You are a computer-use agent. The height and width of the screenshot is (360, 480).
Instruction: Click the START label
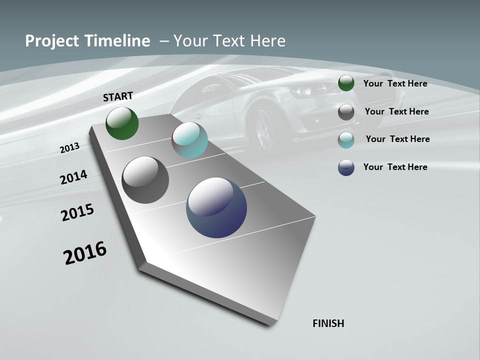tap(118, 96)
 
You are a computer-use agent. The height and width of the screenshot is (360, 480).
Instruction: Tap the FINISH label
tap(328, 323)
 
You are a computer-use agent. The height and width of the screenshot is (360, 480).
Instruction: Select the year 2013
tap(69, 148)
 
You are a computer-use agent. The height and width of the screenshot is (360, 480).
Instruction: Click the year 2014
tap(73, 177)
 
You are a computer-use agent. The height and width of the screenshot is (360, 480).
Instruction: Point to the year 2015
tap(77, 212)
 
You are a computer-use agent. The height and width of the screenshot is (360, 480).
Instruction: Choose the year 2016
tap(85, 253)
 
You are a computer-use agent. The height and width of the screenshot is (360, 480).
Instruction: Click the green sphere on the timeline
tap(122, 123)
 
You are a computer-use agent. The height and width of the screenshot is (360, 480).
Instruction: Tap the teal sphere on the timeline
tap(189, 140)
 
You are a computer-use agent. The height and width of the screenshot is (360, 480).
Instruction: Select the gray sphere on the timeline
tap(145, 180)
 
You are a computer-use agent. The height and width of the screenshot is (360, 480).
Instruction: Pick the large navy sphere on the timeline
tap(216, 207)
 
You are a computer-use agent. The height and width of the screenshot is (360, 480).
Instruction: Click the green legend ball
tap(346, 83)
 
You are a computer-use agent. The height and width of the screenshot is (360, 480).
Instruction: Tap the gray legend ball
tap(346, 112)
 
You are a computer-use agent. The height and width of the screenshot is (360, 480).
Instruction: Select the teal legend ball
tap(346, 140)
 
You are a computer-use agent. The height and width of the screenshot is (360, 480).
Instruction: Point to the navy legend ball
tap(346, 167)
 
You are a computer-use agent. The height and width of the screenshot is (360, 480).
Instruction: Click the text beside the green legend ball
tap(395, 83)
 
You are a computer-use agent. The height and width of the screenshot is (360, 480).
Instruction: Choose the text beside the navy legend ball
tap(395, 167)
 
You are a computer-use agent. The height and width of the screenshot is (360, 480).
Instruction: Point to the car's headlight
tap(303, 90)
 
